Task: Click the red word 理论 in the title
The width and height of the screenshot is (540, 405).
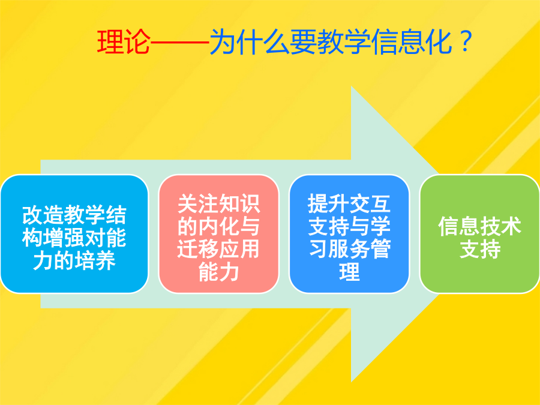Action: click(x=124, y=42)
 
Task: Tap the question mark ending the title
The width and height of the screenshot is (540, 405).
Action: click(x=466, y=41)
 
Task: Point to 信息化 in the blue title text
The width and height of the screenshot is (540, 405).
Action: click(x=412, y=42)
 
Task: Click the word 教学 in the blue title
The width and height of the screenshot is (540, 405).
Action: click(x=344, y=42)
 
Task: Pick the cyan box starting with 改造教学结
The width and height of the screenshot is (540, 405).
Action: click(x=74, y=234)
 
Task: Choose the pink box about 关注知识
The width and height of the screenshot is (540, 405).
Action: click(x=218, y=234)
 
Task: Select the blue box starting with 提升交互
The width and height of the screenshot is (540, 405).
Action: click(x=349, y=234)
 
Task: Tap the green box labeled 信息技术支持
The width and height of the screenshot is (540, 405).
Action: click(x=480, y=234)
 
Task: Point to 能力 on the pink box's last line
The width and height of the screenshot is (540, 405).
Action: click(x=218, y=272)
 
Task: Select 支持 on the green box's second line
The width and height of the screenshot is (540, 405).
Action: click(x=480, y=249)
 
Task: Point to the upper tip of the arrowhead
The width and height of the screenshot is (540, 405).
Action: click(x=351, y=86)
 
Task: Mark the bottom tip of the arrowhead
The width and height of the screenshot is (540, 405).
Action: click(x=351, y=382)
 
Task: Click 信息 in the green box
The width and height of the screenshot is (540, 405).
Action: click(x=459, y=226)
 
